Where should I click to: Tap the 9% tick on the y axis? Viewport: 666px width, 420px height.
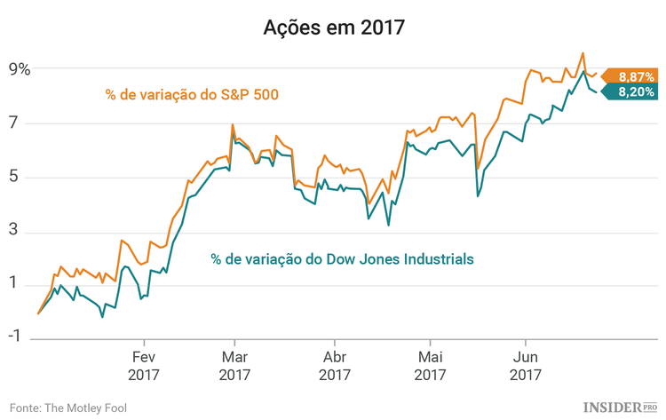(20, 69)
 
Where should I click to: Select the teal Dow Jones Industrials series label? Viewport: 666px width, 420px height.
(342, 258)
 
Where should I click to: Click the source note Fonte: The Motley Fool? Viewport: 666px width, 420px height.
(68, 407)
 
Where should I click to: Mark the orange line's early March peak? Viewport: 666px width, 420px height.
(232, 124)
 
